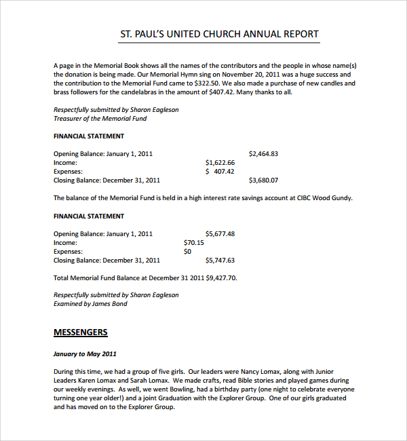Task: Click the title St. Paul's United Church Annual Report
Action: click(x=219, y=34)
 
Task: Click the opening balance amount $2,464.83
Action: click(x=263, y=154)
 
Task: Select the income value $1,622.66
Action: click(x=220, y=163)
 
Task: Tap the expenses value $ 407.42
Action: click(x=220, y=172)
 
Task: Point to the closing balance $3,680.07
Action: click(x=263, y=180)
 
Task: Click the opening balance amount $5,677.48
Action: click(x=220, y=234)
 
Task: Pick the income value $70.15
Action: click(x=194, y=243)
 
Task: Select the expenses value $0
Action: click(x=188, y=252)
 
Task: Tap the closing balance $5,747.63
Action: click(x=220, y=261)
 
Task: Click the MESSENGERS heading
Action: click(x=80, y=332)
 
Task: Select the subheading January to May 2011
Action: click(x=85, y=354)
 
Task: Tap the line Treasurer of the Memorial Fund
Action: click(x=100, y=119)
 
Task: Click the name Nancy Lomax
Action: click(x=272, y=372)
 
